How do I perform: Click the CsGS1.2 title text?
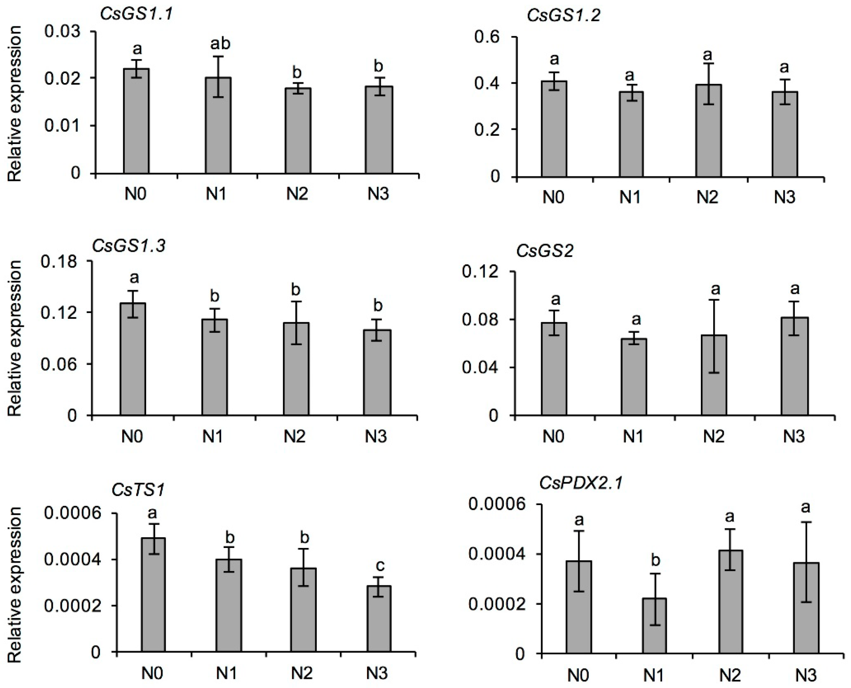(x=563, y=16)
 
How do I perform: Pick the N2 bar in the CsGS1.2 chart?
(x=708, y=131)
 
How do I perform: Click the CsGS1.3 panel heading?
(x=129, y=246)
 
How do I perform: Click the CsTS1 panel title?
(x=137, y=491)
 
